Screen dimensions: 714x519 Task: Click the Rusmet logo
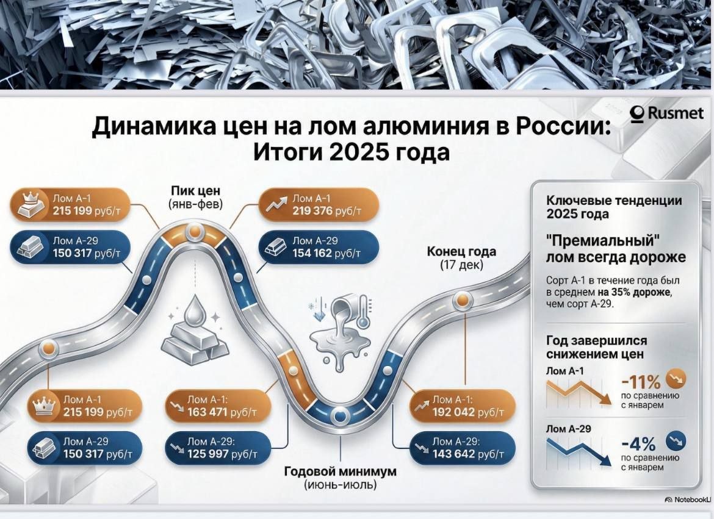[667, 114]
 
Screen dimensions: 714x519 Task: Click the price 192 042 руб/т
[469, 412]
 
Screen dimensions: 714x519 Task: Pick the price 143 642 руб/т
[469, 454]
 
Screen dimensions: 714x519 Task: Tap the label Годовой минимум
[341, 471]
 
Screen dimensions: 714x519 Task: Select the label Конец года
[461, 251]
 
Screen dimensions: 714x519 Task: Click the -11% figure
[640, 382]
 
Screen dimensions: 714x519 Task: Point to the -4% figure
[638, 442]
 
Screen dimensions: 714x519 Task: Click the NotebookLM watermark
[688, 499]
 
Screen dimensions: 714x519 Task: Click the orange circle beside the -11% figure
[676, 379]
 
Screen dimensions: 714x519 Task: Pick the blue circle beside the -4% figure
[676, 440]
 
